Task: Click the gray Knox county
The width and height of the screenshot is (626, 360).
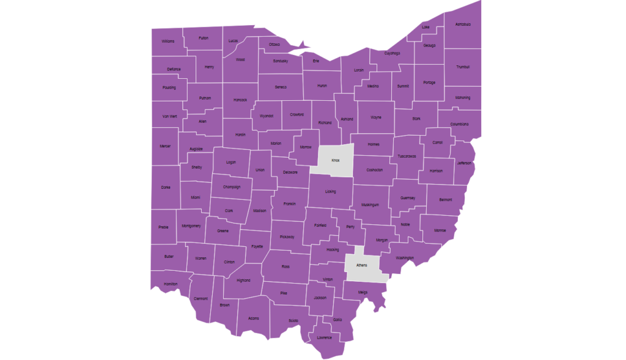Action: pos(336,160)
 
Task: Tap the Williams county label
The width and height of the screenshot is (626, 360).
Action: pos(168,41)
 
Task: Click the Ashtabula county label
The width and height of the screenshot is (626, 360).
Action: pos(463,24)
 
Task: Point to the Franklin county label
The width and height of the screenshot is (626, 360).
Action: pos(290,204)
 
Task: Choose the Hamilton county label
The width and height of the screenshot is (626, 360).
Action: pos(171,284)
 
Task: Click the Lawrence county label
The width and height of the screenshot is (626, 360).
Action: pos(324,337)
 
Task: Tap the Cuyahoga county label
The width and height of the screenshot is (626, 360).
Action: pos(392,53)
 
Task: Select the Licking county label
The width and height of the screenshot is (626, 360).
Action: pos(331,191)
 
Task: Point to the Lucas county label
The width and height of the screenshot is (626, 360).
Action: pos(233,41)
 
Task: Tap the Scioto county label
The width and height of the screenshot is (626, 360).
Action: pos(293,320)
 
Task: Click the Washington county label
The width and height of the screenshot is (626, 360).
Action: pos(405,258)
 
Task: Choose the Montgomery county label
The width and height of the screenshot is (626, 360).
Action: pos(191,226)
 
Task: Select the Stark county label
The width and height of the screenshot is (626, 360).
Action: pos(416,118)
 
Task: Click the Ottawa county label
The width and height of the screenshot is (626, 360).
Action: pos(274,44)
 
